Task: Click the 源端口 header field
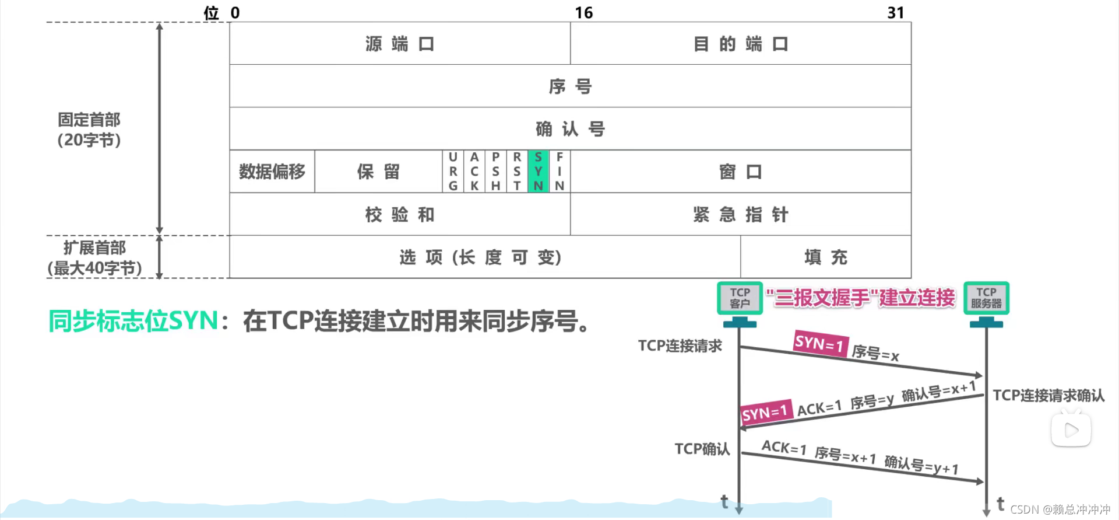click(x=400, y=44)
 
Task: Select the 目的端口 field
click(x=740, y=44)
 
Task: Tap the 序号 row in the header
click(x=570, y=86)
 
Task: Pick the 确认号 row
click(x=570, y=129)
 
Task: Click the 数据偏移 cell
click(x=272, y=172)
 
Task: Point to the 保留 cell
click(x=378, y=172)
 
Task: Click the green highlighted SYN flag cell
click(x=538, y=172)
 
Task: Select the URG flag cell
click(x=453, y=172)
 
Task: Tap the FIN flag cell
click(x=559, y=172)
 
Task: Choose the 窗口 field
click(x=740, y=172)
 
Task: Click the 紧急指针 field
click(x=740, y=215)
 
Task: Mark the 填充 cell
click(x=825, y=257)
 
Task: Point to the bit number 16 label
click(x=583, y=13)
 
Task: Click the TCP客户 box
click(x=740, y=298)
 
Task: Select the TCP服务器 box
click(x=986, y=298)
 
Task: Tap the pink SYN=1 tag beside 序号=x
click(x=820, y=343)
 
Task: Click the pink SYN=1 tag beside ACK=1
click(x=765, y=413)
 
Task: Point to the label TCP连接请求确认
click(x=1048, y=396)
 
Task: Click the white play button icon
click(x=1071, y=431)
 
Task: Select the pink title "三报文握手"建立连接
click(x=860, y=298)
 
